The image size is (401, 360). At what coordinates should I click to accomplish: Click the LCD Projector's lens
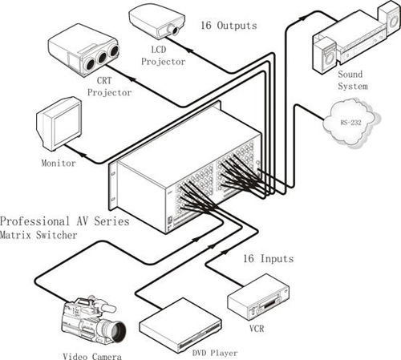coord(175,30)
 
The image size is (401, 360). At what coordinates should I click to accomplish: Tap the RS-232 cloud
coord(351,123)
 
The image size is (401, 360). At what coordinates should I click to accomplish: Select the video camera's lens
coord(117,331)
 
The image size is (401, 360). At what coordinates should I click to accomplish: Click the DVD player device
coord(180,325)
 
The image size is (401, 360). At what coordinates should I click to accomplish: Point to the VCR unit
coord(258,297)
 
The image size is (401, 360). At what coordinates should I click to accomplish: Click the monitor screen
coord(67,125)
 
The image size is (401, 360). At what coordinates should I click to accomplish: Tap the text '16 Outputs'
coord(229,26)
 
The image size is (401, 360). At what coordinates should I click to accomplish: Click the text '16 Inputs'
coord(268,258)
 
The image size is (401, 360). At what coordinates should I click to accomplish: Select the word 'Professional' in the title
coord(34,221)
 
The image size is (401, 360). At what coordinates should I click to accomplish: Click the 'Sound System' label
coord(353,80)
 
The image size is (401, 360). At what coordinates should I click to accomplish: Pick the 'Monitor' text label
coord(59,163)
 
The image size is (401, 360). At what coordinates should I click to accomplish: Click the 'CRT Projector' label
coord(109,87)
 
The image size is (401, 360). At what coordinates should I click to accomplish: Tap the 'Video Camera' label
coord(92,356)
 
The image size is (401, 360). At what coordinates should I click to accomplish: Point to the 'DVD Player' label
coord(215,353)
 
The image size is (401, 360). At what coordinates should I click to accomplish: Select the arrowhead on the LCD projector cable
coord(189,50)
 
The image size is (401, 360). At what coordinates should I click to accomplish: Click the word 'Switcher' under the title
coord(57,235)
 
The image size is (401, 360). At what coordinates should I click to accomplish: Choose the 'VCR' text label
coord(257,329)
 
